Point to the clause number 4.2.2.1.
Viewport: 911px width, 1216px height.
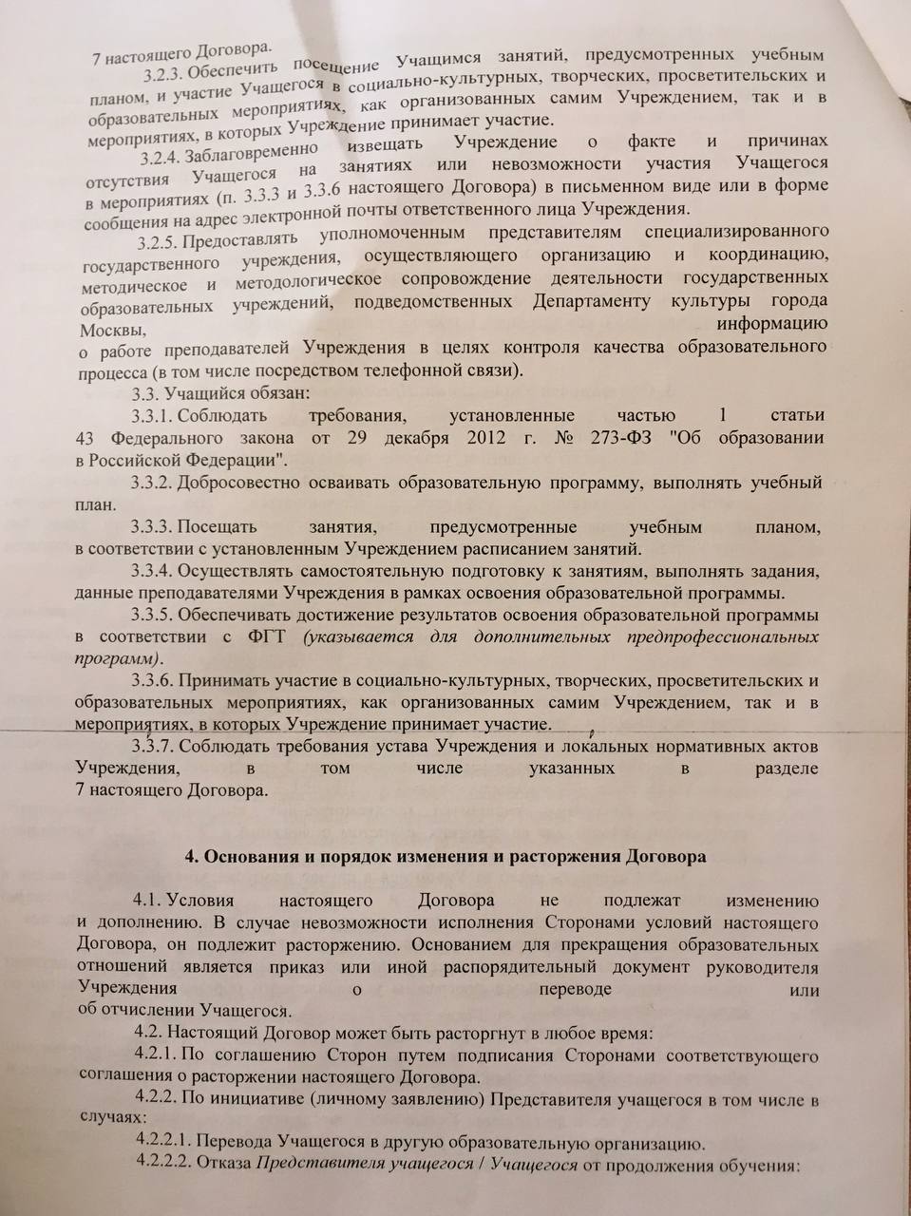click(167, 1143)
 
